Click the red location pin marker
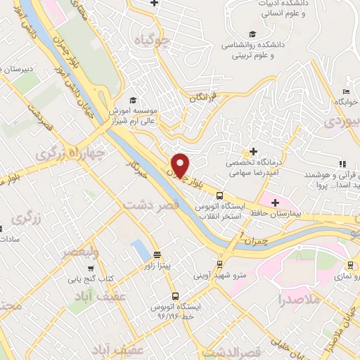coord(181,165)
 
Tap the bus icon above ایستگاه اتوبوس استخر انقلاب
coord(220,196)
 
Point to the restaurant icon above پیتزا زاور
coord(156,255)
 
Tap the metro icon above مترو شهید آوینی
coord(221,264)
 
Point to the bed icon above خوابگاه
coord(345,91)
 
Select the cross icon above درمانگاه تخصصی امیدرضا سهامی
coord(253,151)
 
